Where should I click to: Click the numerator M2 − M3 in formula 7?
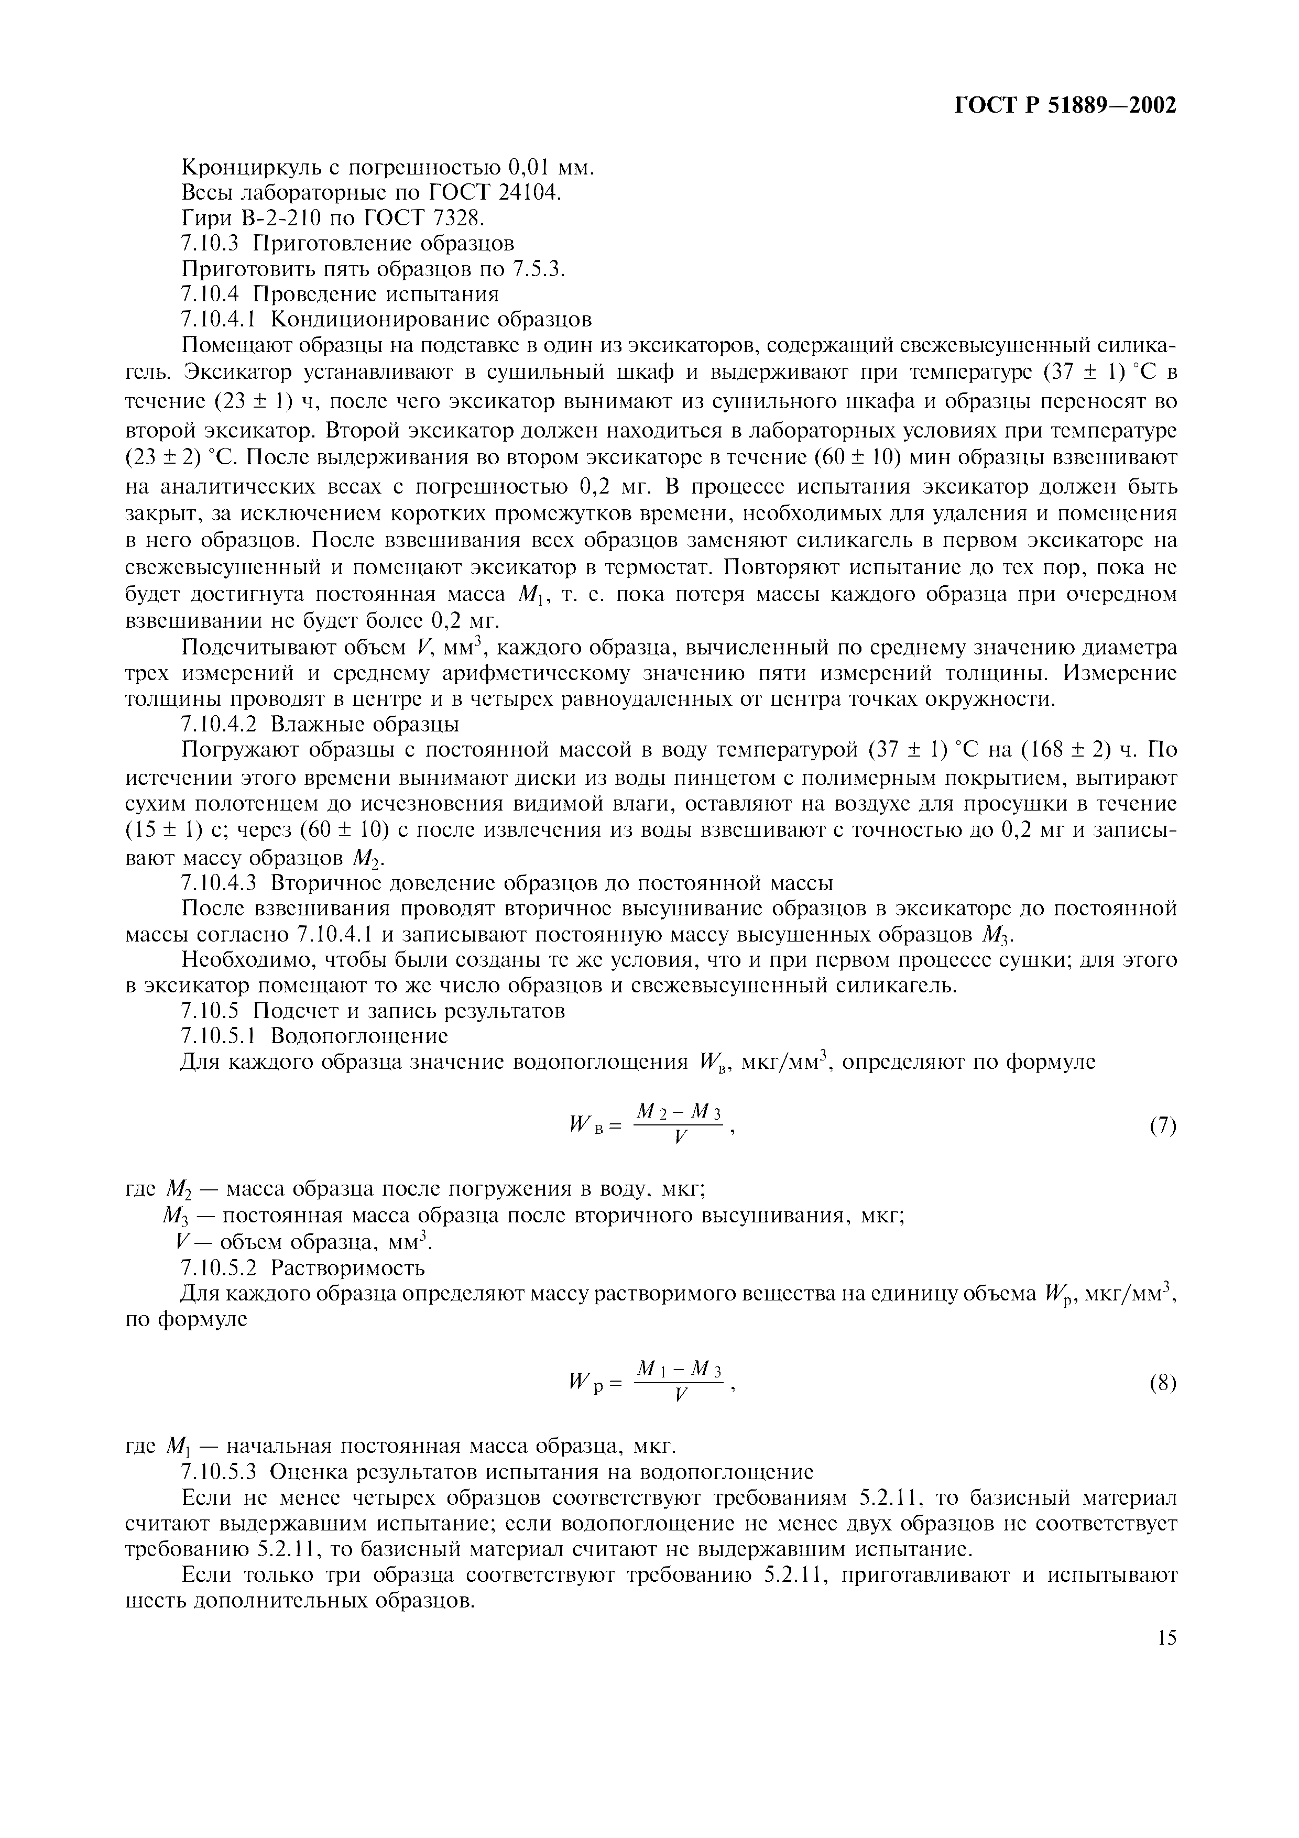[679, 1111]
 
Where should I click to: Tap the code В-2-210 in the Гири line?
[281, 218]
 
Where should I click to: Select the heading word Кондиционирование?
[381, 320]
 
